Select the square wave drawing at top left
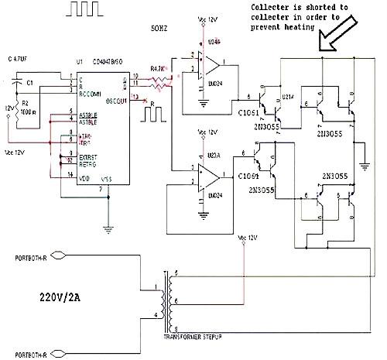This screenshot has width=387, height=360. (87, 10)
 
